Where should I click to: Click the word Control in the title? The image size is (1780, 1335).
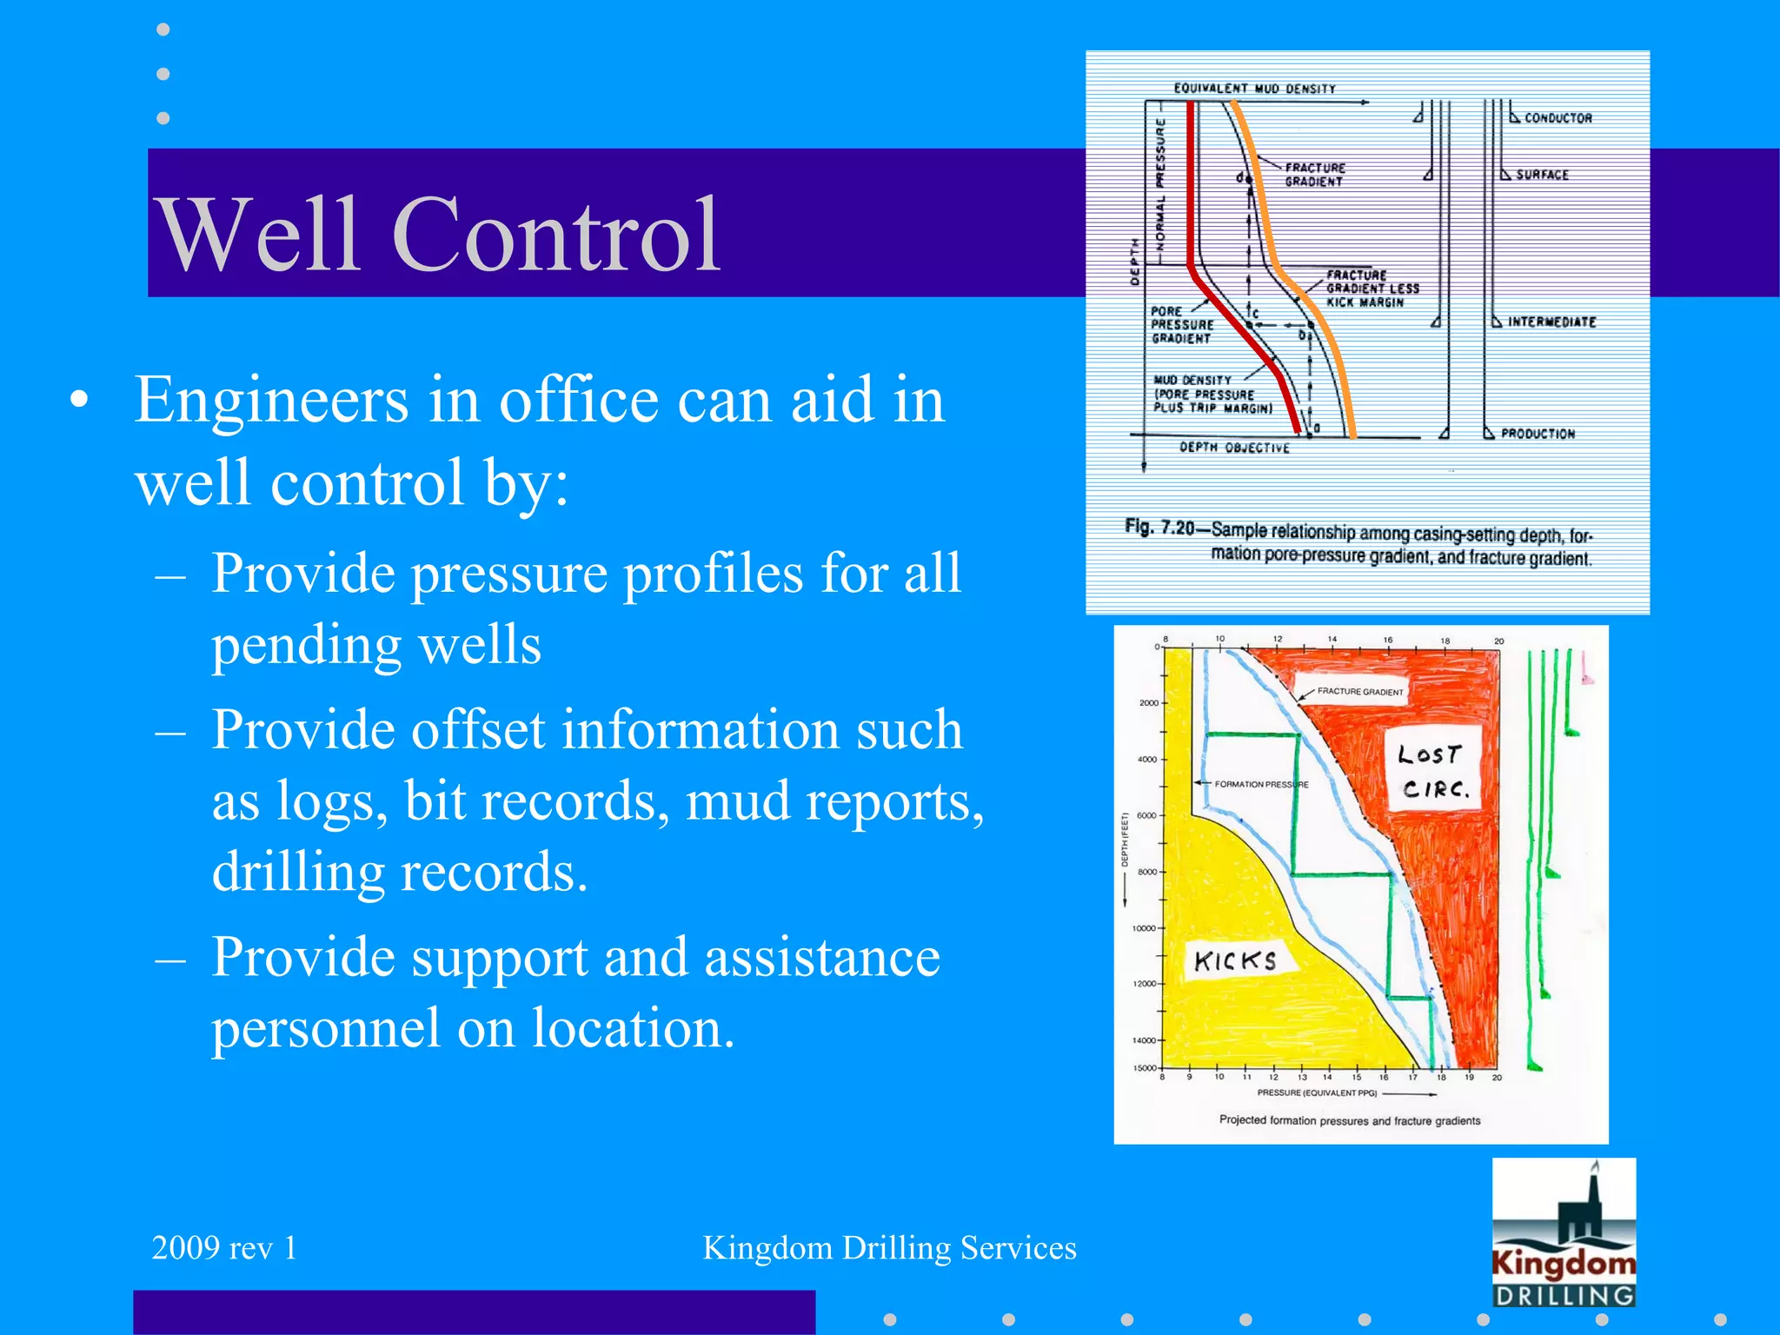(x=556, y=235)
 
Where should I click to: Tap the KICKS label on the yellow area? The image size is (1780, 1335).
(x=1235, y=960)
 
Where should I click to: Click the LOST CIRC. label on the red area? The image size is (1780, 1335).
(x=1434, y=771)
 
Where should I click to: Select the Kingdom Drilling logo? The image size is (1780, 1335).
(x=1564, y=1232)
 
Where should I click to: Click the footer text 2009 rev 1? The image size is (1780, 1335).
(x=224, y=1248)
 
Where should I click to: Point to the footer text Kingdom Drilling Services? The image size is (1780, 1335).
(x=889, y=1248)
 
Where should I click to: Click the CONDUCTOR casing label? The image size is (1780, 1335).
(x=1557, y=118)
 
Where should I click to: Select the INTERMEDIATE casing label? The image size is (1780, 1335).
(x=1551, y=322)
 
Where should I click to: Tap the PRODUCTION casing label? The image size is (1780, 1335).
(x=1538, y=434)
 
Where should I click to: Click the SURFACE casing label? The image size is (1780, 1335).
(x=1542, y=175)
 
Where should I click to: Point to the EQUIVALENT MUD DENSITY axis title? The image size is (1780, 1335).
(x=1254, y=89)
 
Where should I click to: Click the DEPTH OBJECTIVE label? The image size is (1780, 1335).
(x=1234, y=448)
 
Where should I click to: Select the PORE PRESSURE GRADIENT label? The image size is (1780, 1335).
(x=1181, y=325)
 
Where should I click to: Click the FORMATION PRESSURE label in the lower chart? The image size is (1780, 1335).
(x=1261, y=784)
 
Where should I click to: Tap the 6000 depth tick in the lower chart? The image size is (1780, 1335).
(x=1146, y=815)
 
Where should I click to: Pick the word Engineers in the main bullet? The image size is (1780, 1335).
(x=271, y=401)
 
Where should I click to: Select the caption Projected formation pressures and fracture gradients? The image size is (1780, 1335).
(x=1349, y=1120)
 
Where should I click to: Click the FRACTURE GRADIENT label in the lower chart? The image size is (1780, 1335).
(x=1359, y=692)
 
